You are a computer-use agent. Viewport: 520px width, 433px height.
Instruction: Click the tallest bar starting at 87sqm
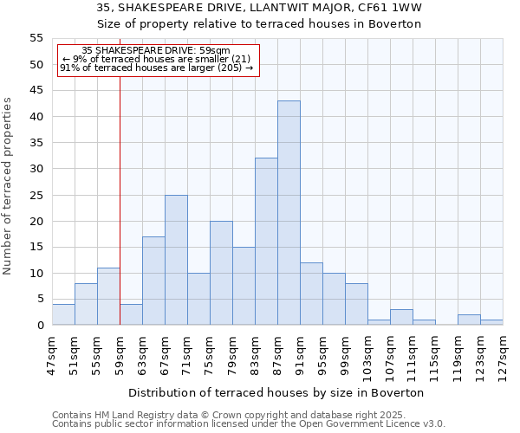(289, 213)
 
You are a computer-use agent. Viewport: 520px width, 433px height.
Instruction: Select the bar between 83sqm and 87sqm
(266, 242)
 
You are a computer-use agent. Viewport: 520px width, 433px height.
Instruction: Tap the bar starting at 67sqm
(176, 260)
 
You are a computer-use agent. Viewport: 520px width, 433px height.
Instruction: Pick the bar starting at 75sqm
(221, 273)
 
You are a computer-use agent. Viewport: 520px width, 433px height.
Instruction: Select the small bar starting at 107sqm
(401, 318)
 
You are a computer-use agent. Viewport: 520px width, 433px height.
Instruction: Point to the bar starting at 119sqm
(469, 320)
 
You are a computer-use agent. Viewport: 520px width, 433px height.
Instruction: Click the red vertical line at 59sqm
(120, 191)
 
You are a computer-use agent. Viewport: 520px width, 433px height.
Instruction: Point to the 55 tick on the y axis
(36, 38)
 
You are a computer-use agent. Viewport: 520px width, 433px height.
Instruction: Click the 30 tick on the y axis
(36, 169)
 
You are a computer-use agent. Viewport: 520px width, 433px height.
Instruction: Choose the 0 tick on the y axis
(40, 326)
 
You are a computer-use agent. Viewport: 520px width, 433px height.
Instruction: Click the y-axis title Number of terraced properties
(8, 186)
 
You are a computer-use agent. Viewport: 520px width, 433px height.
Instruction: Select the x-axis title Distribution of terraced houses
(276, 392)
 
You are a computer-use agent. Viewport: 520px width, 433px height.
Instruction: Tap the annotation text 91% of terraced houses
(157, 68)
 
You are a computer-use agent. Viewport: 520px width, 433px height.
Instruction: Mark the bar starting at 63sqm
(153, 281)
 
